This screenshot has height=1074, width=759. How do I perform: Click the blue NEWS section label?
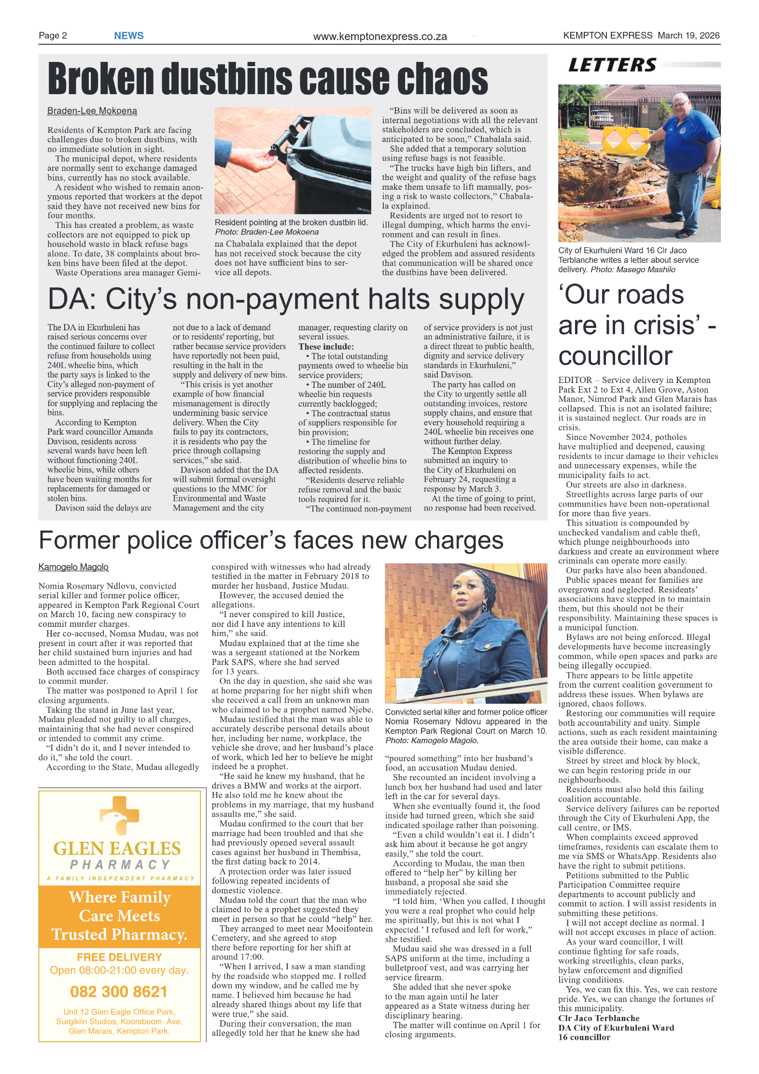coord(128,36)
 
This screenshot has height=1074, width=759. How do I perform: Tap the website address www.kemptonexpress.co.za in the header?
coord(379,37)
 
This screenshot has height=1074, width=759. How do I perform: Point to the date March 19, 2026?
coord(689,36)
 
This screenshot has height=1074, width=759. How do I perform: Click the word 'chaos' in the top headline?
coord(443,79)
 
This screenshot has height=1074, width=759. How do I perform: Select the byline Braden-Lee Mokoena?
coord(92,111)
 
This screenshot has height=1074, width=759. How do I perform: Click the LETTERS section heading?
coord(612,65)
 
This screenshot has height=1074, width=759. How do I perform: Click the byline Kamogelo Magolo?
coord(73,567)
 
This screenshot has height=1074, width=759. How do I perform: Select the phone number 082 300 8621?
coord(119,992)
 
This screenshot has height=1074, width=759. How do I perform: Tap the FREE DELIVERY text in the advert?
coord(119,957)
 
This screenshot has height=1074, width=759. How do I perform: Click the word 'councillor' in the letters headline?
coord(615,356)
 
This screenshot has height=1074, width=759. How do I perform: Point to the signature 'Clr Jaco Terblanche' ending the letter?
coord(599,1018)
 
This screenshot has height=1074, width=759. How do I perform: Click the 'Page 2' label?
coord(53,36)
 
